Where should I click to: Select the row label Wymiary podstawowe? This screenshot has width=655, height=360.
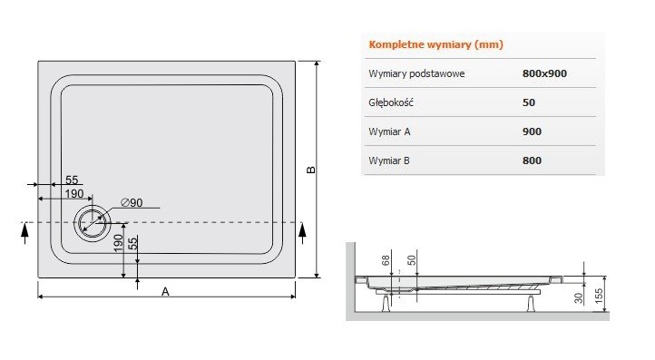(x=416, y=73)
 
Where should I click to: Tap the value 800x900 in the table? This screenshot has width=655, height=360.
(x=545, y=73)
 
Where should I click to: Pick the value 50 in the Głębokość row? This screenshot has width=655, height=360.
(x=529, y=102)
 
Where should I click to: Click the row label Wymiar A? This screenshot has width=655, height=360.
(x=391, y=131)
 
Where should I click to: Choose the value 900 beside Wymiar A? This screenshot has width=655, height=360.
(x=533, y=131)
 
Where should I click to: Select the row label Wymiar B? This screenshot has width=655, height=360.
(x=391, y=161)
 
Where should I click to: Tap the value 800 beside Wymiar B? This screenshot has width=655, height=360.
(x=533, y=161)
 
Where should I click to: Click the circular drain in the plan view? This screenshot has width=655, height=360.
(x=92, y=222)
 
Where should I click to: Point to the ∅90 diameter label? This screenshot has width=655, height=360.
(x=132, y=202)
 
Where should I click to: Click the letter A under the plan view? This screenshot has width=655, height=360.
(x=165, y=291)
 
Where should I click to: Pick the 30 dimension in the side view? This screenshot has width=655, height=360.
(x=579, y=298)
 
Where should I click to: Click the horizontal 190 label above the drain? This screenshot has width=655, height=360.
(x=73, y=195)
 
